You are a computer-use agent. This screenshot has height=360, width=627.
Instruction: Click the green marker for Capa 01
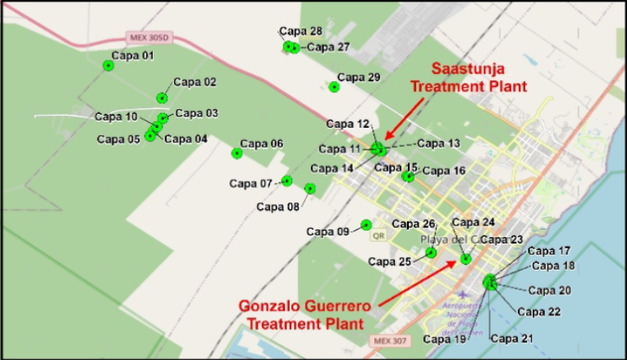pos(108,66)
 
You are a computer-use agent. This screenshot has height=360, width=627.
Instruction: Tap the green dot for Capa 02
pos(162,98)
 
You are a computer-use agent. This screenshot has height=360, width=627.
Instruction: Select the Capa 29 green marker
pos(334,87)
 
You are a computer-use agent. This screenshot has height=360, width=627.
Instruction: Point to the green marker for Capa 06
pos(236,153)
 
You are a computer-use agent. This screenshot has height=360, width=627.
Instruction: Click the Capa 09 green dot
pos(366,225)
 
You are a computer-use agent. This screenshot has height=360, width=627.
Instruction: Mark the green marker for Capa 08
pos(309,189)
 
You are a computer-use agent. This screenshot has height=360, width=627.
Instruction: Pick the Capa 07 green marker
pos(286,181)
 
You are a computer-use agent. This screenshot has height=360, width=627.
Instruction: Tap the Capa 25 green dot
pos(431,253)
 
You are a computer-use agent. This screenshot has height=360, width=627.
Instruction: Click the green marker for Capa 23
pos(466,259)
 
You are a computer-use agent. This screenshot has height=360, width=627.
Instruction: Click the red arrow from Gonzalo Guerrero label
pos(419,281)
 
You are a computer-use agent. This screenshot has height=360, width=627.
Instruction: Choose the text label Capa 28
pos(300,31)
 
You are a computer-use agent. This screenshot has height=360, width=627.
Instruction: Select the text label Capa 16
pos(443,171)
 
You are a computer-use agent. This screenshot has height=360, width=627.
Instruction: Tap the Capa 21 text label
pos(511,338)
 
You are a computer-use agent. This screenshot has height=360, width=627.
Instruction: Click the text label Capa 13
pos(438,143)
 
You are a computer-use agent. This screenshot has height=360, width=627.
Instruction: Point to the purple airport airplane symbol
pos(466,294)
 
